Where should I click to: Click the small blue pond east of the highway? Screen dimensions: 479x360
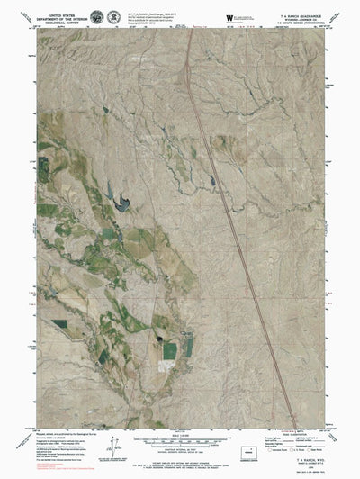point(213,155)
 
